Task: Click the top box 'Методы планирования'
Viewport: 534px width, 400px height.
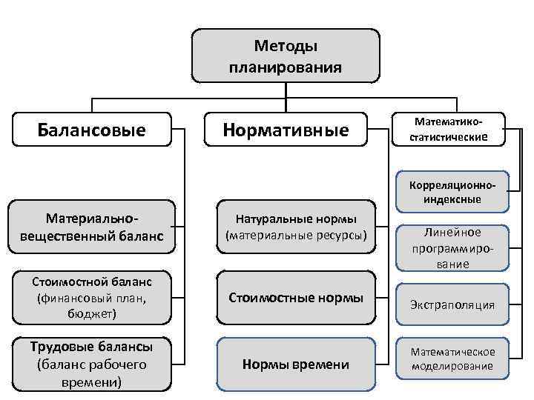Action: point(286,56)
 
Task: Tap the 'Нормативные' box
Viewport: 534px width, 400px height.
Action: point(286,130)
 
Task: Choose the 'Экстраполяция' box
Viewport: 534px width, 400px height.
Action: point(452,304)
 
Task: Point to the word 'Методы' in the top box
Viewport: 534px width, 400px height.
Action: point(286,47)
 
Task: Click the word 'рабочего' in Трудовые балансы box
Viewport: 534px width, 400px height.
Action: point(111,364)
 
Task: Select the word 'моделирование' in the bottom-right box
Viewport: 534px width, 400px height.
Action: point(452,366)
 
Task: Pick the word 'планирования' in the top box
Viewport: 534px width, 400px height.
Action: point(286,67)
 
